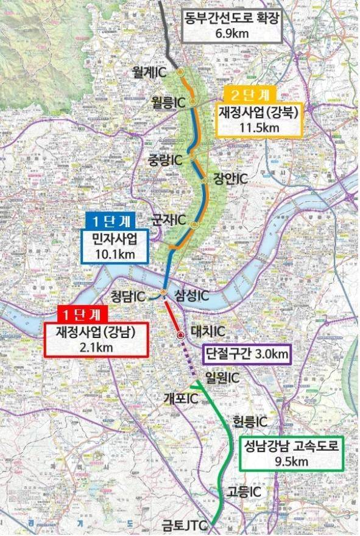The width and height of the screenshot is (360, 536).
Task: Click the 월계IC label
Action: pyautogui.click(x=149, y=72)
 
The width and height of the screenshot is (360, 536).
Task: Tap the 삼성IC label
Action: pyautogui.click(x=192, y=295)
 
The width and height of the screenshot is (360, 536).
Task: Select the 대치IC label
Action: pyautogui.click(x=208, y=332)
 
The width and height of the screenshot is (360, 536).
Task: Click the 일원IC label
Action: pyautogui.click(x=222, y=377)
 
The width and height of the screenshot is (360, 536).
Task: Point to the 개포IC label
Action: pyautogui.click(x=181, y=399)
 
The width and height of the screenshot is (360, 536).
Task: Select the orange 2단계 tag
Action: pyautogui.click(x=251, y=95)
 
